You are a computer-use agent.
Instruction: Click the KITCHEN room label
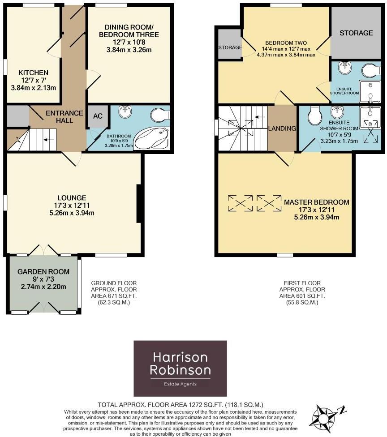coord(33,73)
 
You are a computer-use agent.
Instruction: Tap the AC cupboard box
coord(98,116)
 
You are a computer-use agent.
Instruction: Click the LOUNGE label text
coord(72,197)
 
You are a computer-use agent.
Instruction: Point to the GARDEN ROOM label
coord(43,271)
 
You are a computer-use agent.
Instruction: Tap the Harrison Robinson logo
coord(181,368)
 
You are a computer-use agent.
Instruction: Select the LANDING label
coord(282,129)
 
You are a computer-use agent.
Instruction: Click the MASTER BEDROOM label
coord(316,202)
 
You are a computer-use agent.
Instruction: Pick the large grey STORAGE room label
coord(356,33)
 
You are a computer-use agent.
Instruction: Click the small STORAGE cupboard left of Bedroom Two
coord(230,47)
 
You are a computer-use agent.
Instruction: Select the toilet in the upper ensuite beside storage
coord(370,71)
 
